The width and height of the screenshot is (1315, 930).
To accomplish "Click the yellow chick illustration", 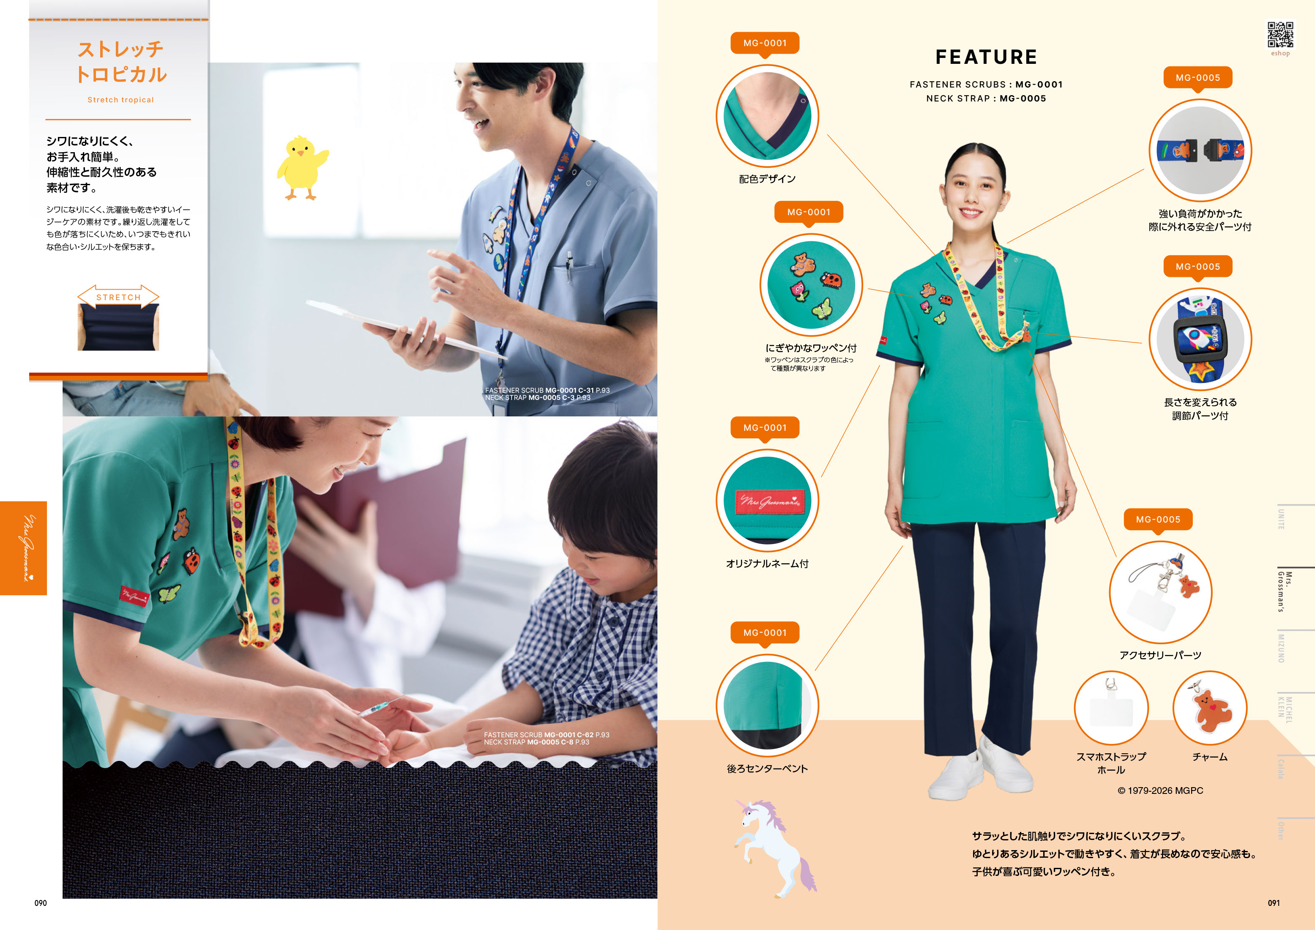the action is tap(302, 167).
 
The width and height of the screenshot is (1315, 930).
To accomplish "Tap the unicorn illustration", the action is tap(774, 848).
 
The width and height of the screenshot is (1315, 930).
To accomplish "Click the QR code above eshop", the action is tap(1280, 35).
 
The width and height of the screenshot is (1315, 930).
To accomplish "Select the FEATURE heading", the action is tap(986, 57).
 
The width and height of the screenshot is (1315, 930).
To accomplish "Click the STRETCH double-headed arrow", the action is tap(118, 297).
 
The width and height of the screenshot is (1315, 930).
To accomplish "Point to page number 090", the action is tap(41, 903).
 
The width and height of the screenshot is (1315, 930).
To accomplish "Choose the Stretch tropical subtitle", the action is tap(120, 100).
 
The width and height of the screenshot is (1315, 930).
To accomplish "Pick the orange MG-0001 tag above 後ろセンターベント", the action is tap(765, 633).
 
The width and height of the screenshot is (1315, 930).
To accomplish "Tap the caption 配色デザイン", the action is tap(767, 179).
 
